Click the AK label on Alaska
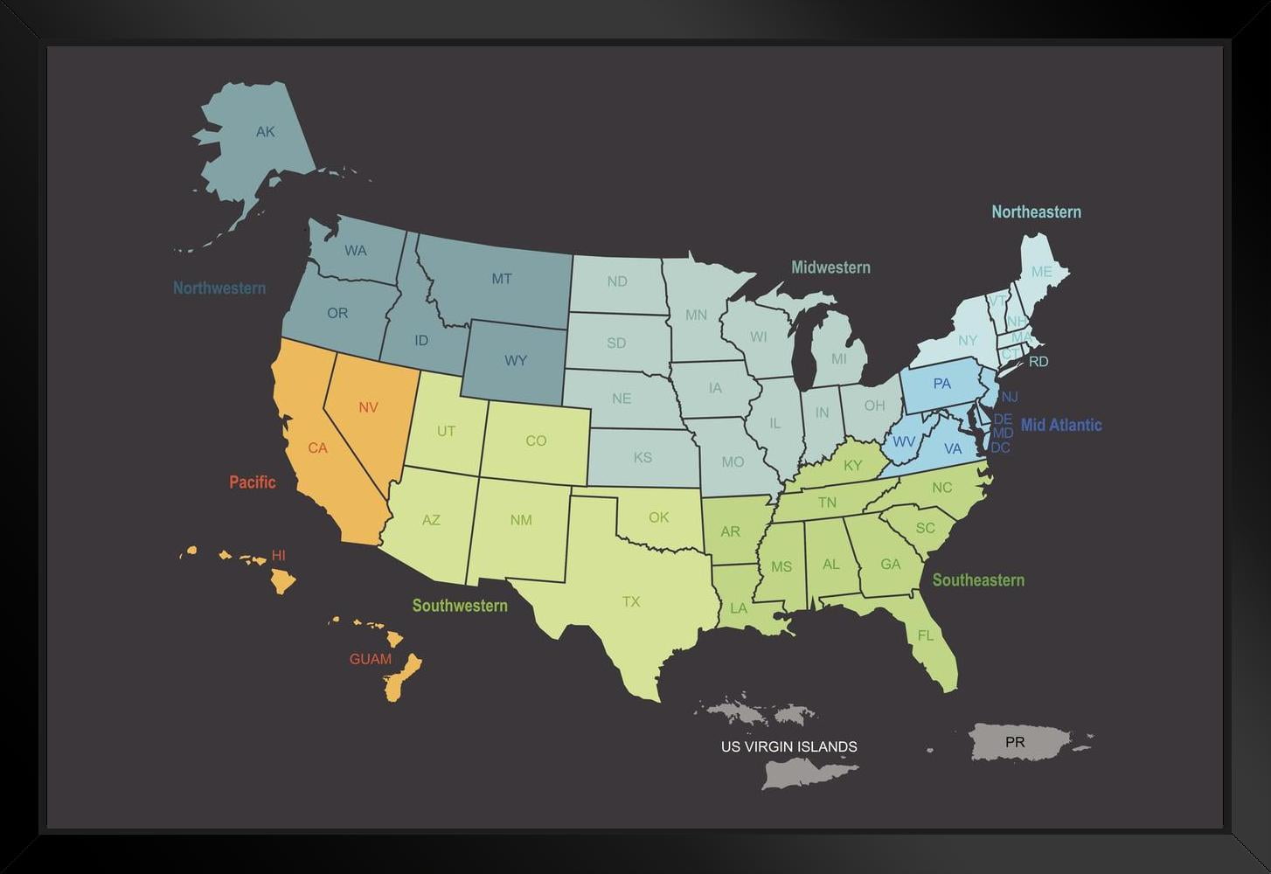(265, 132)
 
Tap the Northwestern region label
(219, 288)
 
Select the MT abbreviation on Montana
(501, 279)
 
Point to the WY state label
(516, 360)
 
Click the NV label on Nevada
(368, 407)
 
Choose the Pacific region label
(252, 482)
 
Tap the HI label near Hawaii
(278, 555)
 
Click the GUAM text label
(370, 659)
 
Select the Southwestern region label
(460, 606)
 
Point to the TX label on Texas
(631, 601)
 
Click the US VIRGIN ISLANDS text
(788, 746)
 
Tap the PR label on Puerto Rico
(1014, 742)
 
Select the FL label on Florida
(926, 635)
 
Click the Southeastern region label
(978, 579)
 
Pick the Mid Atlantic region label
(1061, 425)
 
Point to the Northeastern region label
(1036, 212)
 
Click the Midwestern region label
(830, 267)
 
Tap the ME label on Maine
(1041, 272)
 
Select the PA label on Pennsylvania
(941, 384)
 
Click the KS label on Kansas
(642, 457)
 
